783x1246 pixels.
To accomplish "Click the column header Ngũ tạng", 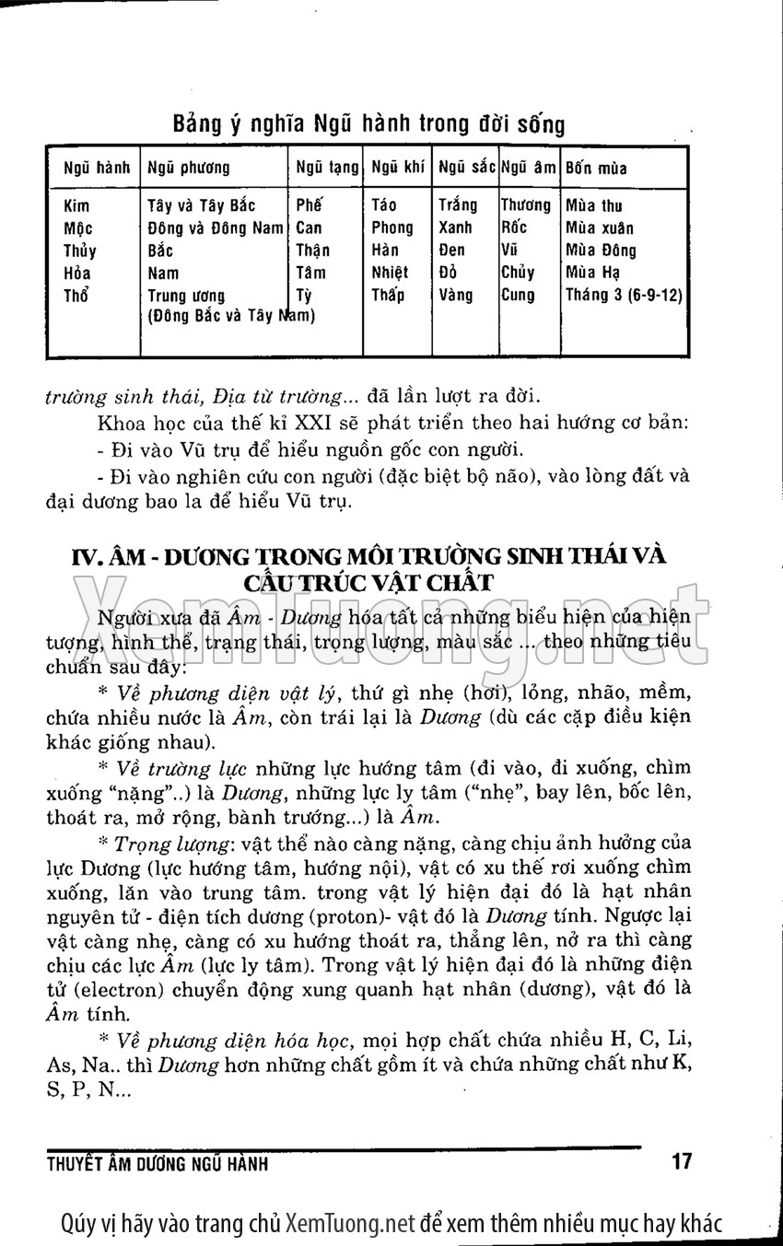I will [327, 169].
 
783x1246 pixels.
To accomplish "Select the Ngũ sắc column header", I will [467, 169].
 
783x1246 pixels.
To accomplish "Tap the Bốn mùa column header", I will [596, 169].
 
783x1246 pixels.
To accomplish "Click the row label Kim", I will [76, 205].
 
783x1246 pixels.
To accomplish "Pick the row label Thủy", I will [80, 250].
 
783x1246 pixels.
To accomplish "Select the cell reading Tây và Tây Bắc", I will [202, 205].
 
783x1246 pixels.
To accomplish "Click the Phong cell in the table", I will [392, 227].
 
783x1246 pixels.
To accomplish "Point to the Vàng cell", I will [456, 296].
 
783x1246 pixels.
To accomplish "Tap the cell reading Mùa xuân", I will [600, 227].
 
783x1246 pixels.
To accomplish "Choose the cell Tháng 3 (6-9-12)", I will [624, 296].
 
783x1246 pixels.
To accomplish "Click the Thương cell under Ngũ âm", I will [526, 205].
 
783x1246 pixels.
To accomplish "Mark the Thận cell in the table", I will [313, 250].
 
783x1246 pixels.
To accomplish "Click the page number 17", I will [682, 1161].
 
